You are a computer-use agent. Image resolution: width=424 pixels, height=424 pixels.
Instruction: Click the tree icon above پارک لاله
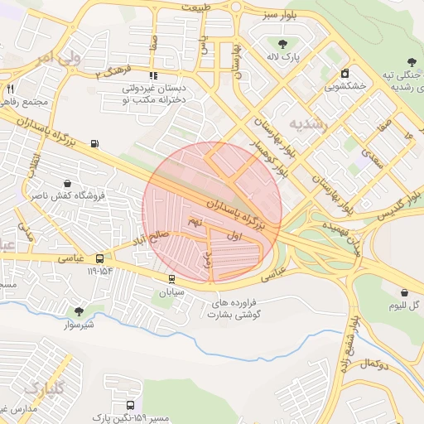click(283, 45)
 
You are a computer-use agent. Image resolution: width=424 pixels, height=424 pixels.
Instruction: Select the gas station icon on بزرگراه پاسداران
click(94, 144)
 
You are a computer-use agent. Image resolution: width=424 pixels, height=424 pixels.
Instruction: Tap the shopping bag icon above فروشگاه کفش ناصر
click(67, 183)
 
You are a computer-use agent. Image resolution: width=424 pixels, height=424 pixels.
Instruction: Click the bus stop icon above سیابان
click(171, 279)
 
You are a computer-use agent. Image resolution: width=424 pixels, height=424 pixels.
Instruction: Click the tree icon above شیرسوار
click(79, 311)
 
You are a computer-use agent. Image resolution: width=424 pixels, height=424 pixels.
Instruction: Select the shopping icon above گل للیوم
click(403, 292)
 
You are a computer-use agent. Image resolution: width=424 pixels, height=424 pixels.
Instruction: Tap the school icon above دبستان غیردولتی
click(154, 75)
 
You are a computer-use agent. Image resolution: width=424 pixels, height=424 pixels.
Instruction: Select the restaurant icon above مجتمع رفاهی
click(10, 89)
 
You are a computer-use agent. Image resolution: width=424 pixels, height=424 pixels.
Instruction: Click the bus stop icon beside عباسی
click(100, 258)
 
